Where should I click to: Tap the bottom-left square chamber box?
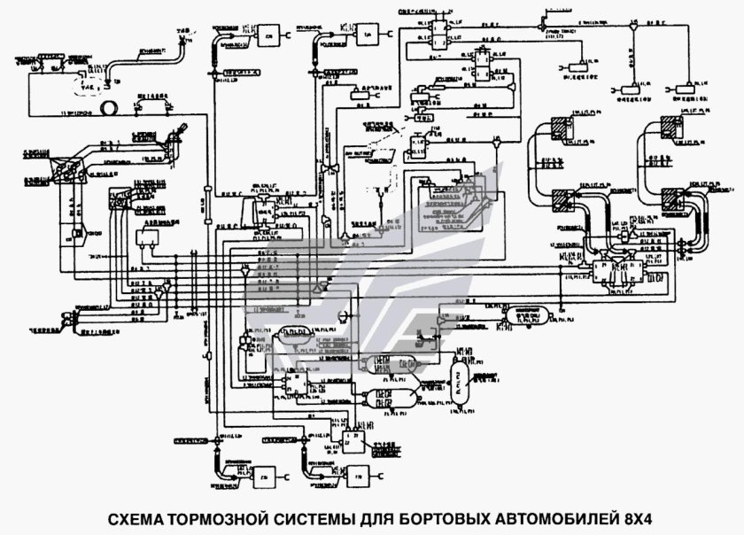pos(263,479)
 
